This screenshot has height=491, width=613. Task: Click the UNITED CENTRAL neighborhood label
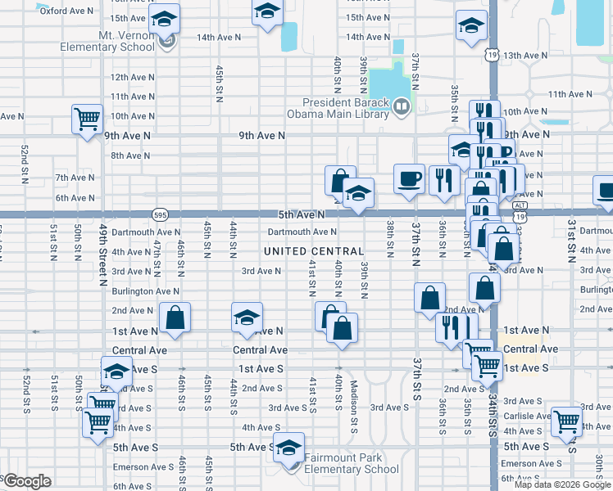coord(314,250)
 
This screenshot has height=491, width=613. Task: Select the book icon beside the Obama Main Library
coord(402,105)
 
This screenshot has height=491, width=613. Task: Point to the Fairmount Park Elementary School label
coord(352,464)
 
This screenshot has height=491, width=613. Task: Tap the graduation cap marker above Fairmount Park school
coord(288,447)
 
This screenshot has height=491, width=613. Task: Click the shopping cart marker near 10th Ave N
coord(86,119)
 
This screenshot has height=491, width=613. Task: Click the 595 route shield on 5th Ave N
coord(160,214)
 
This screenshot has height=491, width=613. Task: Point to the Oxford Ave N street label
coord(66,11)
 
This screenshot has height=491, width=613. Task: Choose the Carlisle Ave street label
coord(527,416)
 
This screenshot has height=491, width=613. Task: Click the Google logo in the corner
coord(29,481)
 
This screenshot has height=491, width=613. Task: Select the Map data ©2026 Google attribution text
coord(561,484)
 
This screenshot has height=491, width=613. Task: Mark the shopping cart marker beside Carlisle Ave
coord(566,421)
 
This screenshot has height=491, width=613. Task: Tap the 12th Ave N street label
coord(131,77)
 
